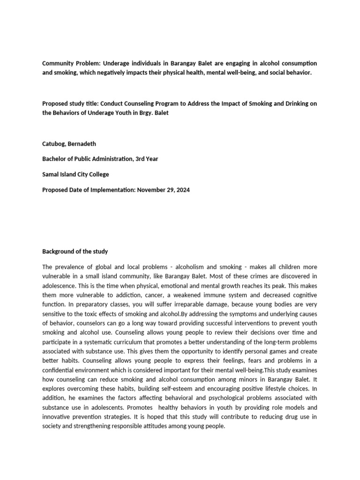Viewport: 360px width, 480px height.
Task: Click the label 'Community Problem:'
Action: (71, 63)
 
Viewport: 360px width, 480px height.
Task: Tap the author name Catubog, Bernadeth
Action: (68, 143)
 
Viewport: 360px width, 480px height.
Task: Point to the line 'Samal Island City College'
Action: (75, 174)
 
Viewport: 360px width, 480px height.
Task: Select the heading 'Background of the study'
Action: (75, 252)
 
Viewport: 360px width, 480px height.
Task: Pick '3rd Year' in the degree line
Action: (146, 159)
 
